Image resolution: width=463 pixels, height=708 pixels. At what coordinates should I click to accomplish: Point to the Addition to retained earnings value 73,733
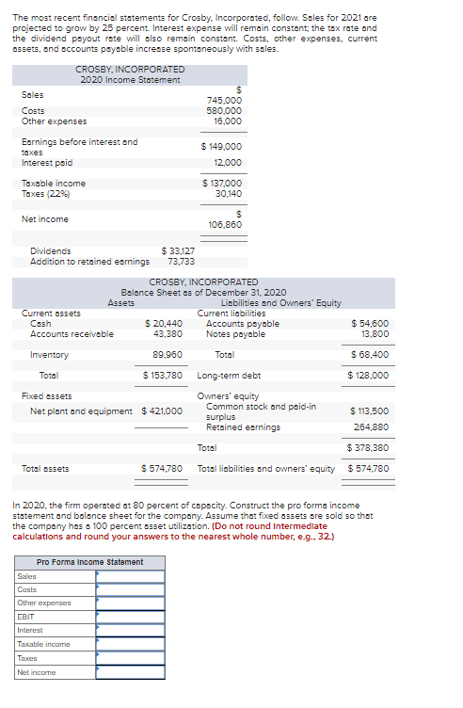pos(181,261)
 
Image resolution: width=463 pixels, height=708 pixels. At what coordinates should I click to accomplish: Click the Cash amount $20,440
pos(162,324)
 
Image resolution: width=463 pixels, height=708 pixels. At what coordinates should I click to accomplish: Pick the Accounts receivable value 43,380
pos(167,334)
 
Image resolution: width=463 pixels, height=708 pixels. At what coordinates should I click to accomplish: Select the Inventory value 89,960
pos(167,355)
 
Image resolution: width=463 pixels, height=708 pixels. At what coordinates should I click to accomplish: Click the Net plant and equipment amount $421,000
pos(162,410)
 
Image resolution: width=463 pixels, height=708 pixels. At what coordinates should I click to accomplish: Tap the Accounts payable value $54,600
pos(370,324)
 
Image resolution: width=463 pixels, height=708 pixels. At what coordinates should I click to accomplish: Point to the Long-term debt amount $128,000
pos(368,375)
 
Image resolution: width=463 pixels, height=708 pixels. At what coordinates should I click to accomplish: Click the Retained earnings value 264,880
pos(372,427)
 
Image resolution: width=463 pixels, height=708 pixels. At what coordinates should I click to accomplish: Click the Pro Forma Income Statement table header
pos(89,562)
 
